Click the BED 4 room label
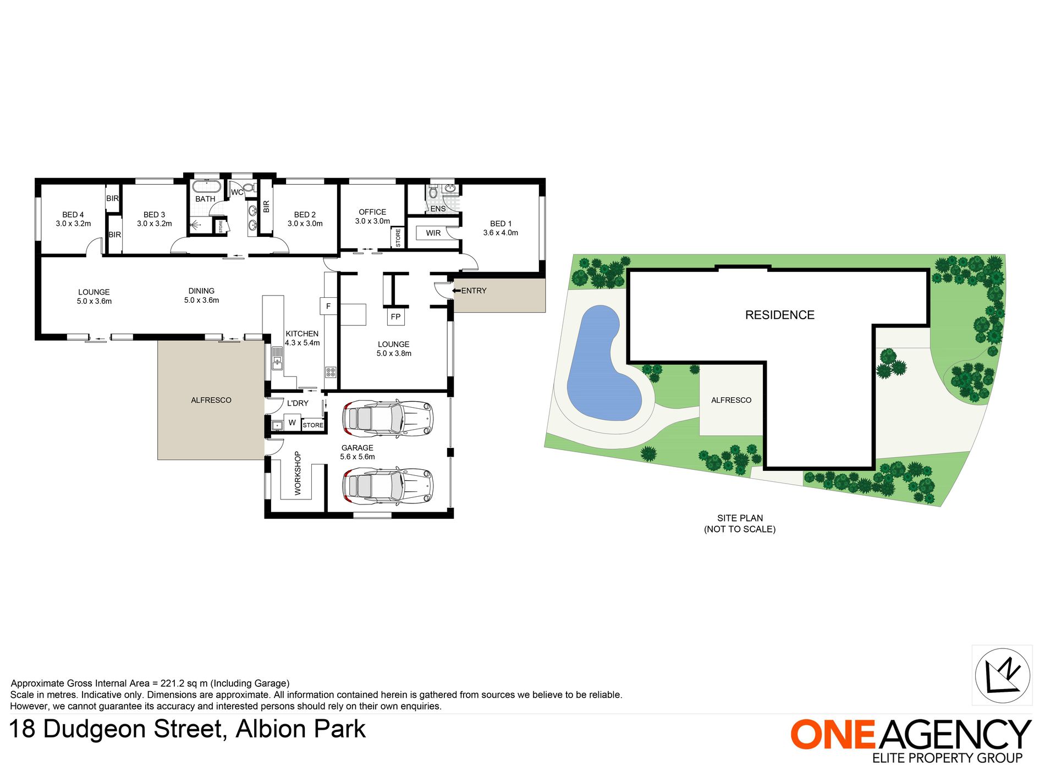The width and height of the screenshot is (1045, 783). pos(73,215)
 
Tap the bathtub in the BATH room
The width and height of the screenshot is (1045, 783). pos(206,186)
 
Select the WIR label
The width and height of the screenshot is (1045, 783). pos(433,233)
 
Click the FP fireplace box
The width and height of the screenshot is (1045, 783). pos(395,316)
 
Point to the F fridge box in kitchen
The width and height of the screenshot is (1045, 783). pos(328,306)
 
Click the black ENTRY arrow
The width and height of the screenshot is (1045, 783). pos(457,291)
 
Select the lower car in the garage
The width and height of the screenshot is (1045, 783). pos(387,486)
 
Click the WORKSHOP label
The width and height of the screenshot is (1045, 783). pos(298,473)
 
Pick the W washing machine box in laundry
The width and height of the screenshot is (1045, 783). pos(292,423)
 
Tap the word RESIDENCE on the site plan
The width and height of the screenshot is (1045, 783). pos(779,315)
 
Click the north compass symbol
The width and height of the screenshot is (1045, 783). pos(1002,675)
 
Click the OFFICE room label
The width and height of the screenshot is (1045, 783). pos(372,212)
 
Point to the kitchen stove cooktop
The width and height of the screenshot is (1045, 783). pos(331,372)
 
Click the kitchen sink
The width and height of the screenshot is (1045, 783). pos(277,358)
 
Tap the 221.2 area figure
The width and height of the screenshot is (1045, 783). pos(173,684)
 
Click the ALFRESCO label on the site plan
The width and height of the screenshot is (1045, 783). pos(731,400)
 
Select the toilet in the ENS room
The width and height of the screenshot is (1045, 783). pos(433,192)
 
